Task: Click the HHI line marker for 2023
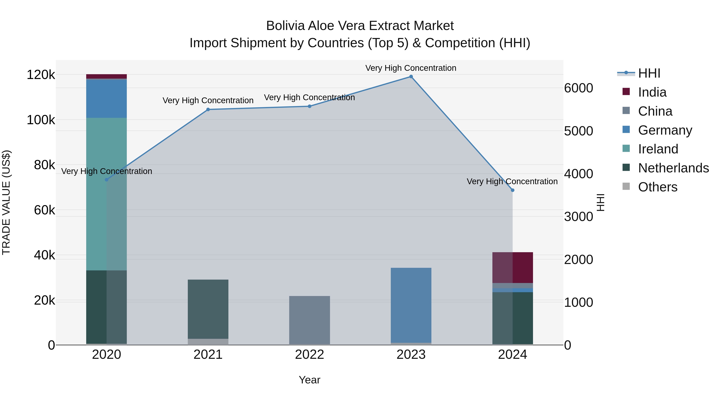[x=411, y=77]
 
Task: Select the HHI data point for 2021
[x=208, y=110]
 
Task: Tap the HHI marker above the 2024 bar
[x=512, y=190]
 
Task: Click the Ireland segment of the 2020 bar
[x=106, y=194]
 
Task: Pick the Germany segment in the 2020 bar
[x=106, y=98]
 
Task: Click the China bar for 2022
[x=309, y=320]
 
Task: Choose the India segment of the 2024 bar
[x=512, y=267]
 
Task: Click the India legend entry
[x=652, y=92]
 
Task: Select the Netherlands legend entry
[x=673, y=168]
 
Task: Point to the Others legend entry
[x=657, y=187]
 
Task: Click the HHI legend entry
[x=649, y=73]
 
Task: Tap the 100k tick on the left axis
[x=41, y=120]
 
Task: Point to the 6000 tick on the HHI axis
[x=578, y=88]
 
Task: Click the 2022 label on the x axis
[x=309, y=355]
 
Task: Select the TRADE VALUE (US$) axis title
[x=6, y=202]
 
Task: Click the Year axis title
[x=309, y=380]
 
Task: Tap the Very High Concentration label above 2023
[x=411, y=68]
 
